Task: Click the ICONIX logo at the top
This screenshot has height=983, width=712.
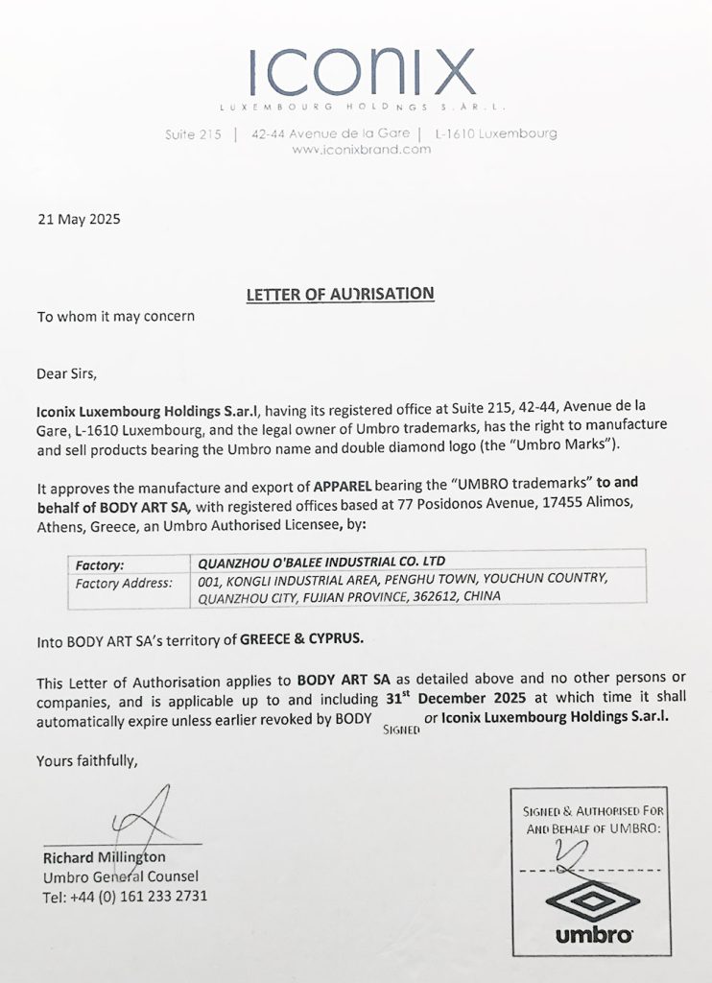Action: tap(361, 71)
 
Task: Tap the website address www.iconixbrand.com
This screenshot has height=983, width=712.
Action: tap(361, 150)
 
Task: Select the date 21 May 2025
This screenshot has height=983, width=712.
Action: tap(79, 219)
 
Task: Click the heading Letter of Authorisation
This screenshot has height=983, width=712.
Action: tap(340, 294)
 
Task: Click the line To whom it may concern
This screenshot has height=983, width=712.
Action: tap(116, 316)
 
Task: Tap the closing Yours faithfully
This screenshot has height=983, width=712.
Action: tap(87, 760)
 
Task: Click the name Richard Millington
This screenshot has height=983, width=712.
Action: tap(104, 856)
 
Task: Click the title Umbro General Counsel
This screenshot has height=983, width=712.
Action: tap(120, 876)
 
